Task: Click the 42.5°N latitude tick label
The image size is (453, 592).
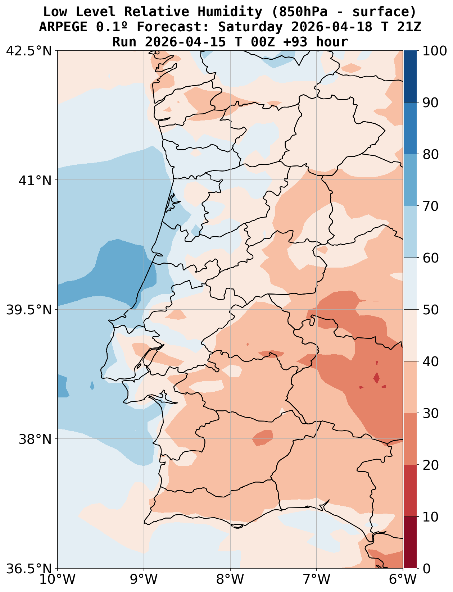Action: pyautogui.click(x=29, y=51)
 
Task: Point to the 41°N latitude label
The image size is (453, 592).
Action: pyautogui.click(x=35, y=180)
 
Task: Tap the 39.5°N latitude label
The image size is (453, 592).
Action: pyautogui.click(x=29, y=310)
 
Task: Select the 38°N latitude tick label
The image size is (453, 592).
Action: pyautogui.click(x=35, y=439)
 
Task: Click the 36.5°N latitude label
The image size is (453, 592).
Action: pyautogui.click(x=29, y=569)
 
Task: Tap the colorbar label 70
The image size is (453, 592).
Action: pyautogui.click(x=431, y=206)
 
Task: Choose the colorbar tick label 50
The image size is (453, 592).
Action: pyautogui.click(x=431, y=310)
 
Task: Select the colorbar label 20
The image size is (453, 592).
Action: pyautogui.click(x=431, y=465)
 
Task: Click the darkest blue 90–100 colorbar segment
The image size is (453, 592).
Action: pyautogui.click(x=410, y=76)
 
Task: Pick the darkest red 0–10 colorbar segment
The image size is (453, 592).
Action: pyautogui.click(x=410, y=542)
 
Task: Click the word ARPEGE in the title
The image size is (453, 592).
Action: pyautogui.click(x=63, y=27)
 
